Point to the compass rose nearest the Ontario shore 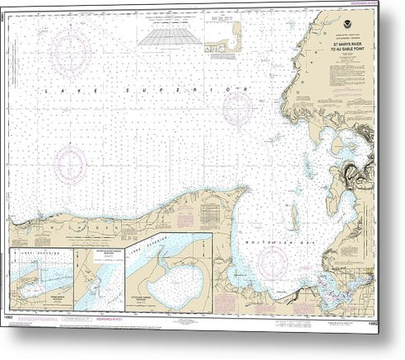238,106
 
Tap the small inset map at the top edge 235,38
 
